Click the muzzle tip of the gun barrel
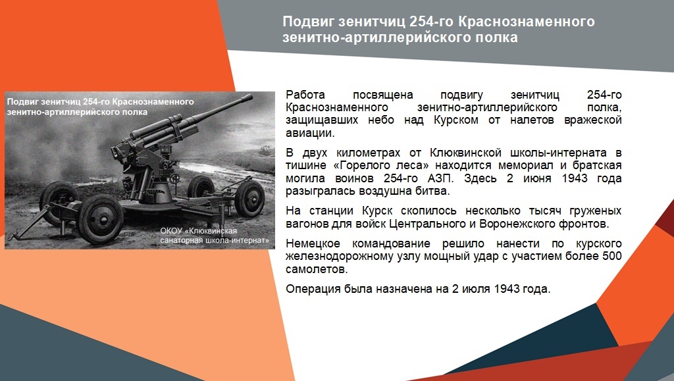pos(250,99)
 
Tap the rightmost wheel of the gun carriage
pos(249,198)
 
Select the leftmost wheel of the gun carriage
pos(60,201)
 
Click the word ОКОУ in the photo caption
pos(174,232)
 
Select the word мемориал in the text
pos(542,165)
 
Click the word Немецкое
pos(312,243)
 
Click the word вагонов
pos(309,224)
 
